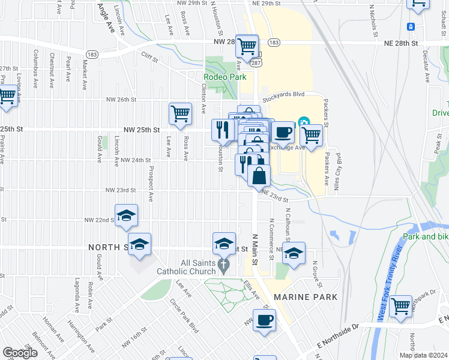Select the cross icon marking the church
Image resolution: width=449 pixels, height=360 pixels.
(x=224, y=265)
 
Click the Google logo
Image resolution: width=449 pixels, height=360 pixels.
(x=20, y=353)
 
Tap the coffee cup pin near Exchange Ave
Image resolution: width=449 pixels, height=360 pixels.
(x=283, y=131)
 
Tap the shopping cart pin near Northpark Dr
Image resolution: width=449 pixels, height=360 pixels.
(x=400, y=305)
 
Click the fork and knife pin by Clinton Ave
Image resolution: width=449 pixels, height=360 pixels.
(x=223, y=129)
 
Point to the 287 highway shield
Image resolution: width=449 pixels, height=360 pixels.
(x=256, y=62)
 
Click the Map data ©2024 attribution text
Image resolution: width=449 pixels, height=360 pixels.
(x=423, y=355)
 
